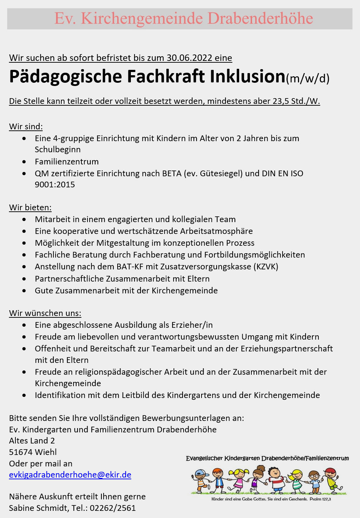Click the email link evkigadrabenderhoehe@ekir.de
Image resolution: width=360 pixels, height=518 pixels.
click(x=70, y=475)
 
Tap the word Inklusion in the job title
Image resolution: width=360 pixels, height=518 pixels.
click(x=247, y=76)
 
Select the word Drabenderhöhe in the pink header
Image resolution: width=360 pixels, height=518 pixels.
click(x=260, y=18)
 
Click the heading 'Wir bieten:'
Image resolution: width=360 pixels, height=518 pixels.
click(x=30, y=207)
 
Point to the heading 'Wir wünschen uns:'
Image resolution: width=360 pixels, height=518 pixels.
click(x=45, y=313)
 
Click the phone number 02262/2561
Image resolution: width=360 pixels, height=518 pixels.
click(x=113, y=508)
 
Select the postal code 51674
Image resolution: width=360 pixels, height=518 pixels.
click(x=20, y=452)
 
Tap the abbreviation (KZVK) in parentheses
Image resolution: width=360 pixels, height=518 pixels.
click(x=266, y=267)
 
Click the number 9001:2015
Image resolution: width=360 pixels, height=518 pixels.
click(x=55, y=184)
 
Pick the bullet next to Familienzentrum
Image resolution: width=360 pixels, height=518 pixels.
click(x=24, y=162)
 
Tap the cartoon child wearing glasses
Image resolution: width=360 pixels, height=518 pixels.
click(x=314, y=481)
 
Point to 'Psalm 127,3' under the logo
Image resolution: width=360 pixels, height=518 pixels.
click(x=320, y=499)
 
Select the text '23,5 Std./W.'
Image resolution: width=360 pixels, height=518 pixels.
click(x=296, y=101)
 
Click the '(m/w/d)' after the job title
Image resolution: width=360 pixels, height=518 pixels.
click(x=307, y=78)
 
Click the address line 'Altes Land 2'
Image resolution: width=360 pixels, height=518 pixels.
click(x=32, y=441)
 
